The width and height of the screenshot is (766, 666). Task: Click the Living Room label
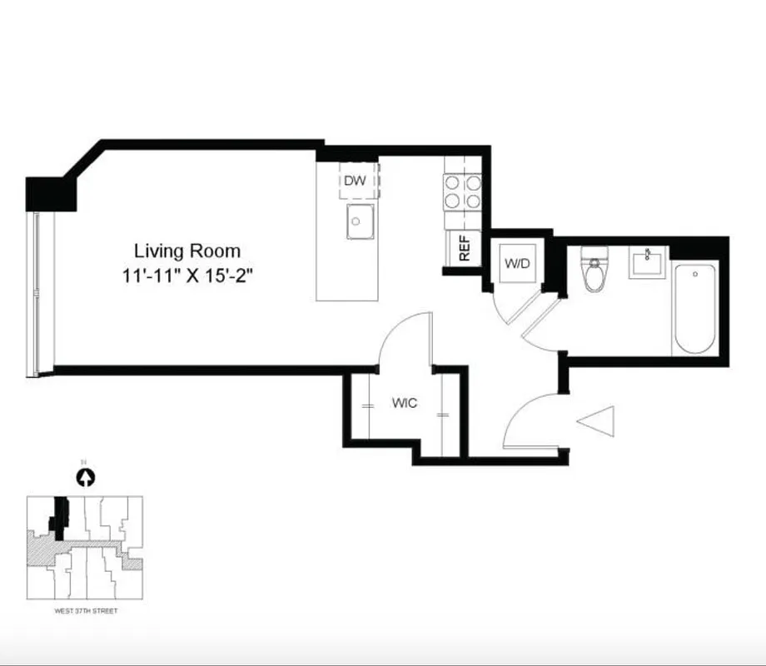[187, 251]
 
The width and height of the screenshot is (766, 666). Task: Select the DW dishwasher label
[354, 181]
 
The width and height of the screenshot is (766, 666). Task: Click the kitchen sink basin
[360, 221]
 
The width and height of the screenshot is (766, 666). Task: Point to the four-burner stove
[462, 191]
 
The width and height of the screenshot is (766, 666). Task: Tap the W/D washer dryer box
[517, 263]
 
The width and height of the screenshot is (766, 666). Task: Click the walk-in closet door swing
[404, 337]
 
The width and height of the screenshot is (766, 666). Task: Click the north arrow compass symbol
[86, 478]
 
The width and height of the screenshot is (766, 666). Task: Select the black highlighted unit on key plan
[59, 514]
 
